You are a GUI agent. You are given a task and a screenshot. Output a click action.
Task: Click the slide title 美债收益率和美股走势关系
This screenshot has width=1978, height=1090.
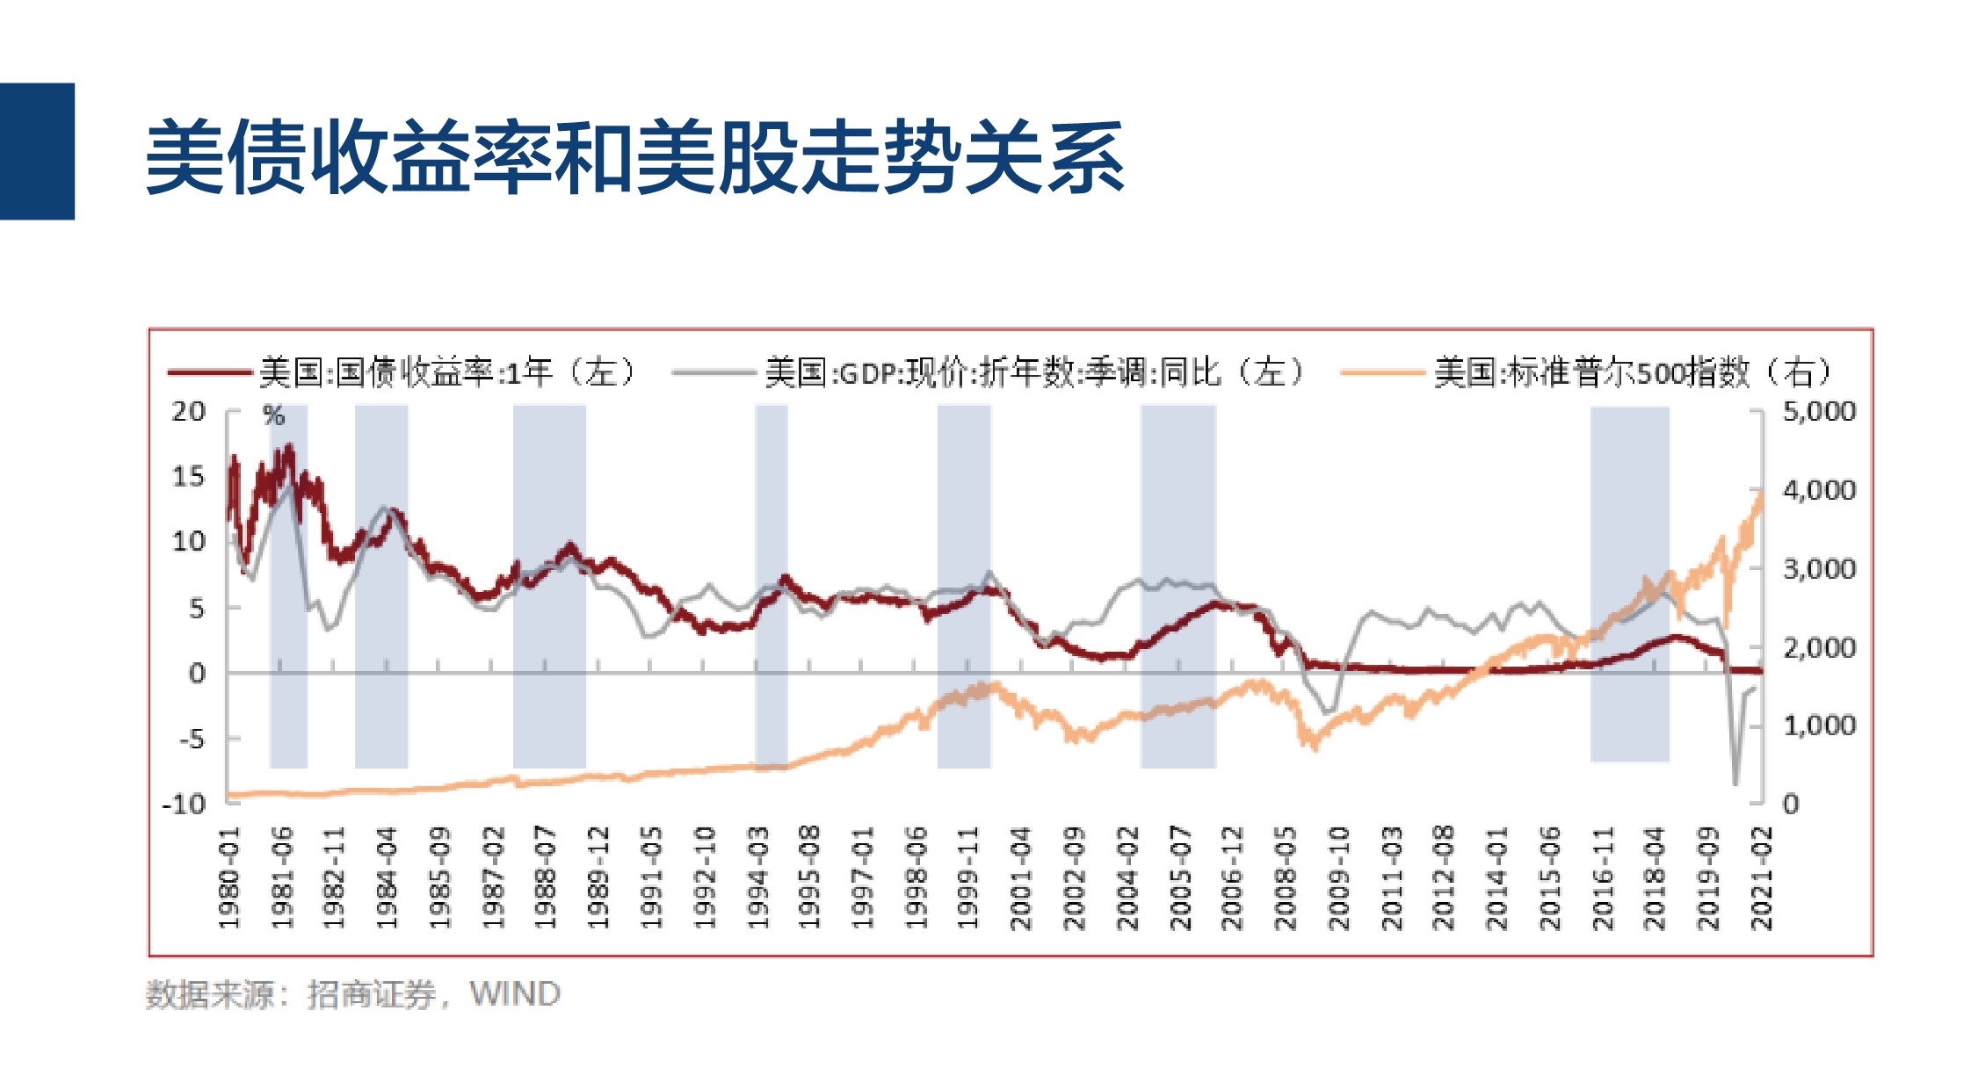634,158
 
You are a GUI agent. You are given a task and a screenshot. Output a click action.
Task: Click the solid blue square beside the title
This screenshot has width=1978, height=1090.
37,151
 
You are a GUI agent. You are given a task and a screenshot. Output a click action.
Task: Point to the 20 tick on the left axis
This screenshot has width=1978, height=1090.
188,411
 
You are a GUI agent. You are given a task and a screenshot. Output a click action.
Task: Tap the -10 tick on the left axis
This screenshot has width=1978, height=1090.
183,804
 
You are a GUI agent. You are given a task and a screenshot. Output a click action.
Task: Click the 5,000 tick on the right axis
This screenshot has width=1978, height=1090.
1819,411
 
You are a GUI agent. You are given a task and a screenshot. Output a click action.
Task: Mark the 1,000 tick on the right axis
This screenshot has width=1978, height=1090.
1819,725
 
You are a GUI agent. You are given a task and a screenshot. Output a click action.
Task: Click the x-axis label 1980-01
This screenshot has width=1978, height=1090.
228,877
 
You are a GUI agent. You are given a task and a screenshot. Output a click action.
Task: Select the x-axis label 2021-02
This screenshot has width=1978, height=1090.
1762,877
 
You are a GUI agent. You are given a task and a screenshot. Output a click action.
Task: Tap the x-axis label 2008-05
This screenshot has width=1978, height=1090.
1285,877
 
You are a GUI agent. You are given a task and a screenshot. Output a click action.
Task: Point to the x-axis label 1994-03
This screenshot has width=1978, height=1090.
757,877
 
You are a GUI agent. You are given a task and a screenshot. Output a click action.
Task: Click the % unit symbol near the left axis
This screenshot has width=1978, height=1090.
274,416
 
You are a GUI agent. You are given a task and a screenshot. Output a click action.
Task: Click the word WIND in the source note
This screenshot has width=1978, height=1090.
515,994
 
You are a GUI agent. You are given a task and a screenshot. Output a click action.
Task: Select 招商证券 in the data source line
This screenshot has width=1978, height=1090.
371,994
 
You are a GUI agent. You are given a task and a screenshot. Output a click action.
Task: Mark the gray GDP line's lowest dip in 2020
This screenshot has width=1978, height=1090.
1735,783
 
